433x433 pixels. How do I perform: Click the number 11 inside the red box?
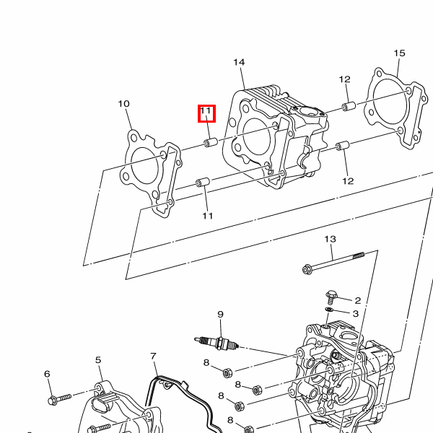tap(206, 110)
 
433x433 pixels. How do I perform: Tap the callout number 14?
tap(239, 62)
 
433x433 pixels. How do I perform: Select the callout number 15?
tap(399, 53)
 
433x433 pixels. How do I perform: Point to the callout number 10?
tap(123, 104)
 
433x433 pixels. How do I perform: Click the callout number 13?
tap(331, 239)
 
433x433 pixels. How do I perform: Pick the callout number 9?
tap(220, 314)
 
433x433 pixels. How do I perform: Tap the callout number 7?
tap(154, 356)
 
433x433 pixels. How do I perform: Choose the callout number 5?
tap(98, 360)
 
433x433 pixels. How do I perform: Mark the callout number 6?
tap(47, 374)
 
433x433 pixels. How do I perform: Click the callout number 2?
tap(358, 300)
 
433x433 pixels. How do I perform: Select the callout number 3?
tap(356, 313)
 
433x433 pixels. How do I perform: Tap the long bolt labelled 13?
tap(333, 261)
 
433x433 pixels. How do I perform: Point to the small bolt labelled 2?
tap(331, 296)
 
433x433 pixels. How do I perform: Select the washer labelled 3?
tap(329, 309)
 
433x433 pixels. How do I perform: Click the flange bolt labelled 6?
tap(59, 399)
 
